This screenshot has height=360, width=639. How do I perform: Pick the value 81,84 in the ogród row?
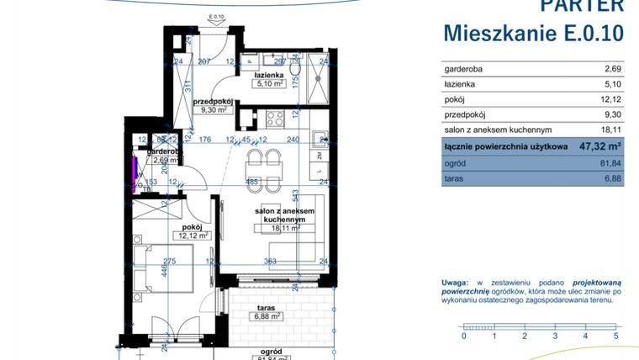point(605,163)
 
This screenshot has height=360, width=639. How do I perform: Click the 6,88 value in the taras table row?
point(608,179)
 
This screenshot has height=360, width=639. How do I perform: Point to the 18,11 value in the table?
point(605,130)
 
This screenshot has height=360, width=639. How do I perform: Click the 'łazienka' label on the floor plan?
point(267,75)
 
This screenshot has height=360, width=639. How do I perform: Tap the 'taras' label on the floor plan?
point(267,307)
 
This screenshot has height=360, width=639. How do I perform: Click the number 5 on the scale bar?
point(616,336)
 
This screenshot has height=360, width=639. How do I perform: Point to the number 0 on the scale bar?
point(464,336)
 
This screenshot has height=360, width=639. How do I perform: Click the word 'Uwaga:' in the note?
point(457,283)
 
